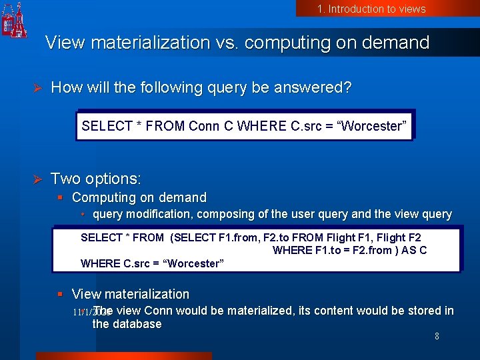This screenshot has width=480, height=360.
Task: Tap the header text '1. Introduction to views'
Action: [371, 9]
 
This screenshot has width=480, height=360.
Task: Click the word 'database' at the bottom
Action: [137, 324]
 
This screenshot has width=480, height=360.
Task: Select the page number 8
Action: [437, 337]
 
